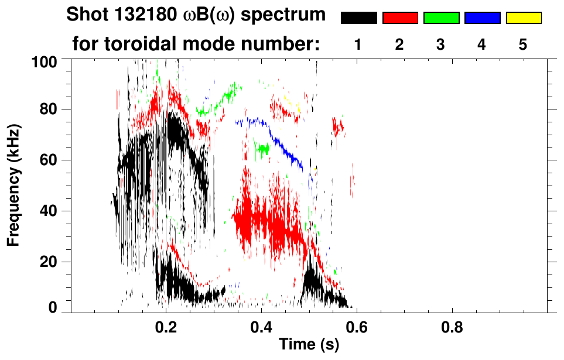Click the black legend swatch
coord(358,18)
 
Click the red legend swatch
coord(400,18)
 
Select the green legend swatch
coord(441,18)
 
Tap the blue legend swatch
coord(482,18)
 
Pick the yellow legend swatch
coord(523,18)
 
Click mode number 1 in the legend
coord(358,45)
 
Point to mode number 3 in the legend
coord(441,45)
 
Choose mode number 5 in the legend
coord(523,45)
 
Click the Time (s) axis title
coord(309,345)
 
